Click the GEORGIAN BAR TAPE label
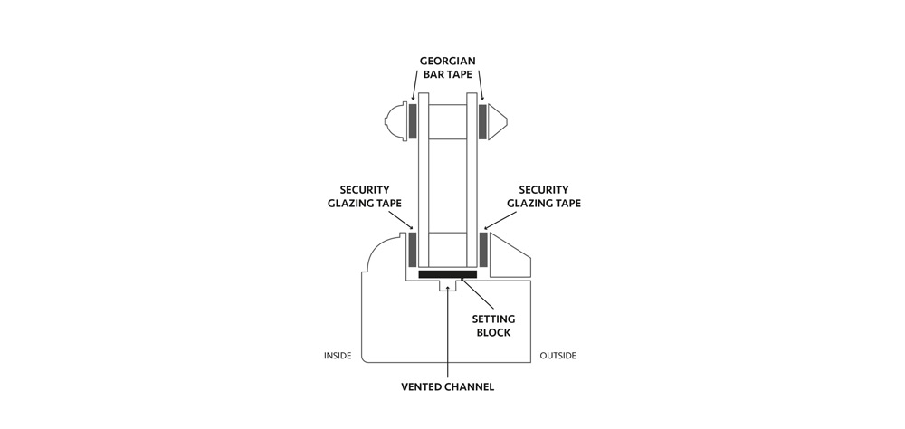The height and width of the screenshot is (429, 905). coord(448,67)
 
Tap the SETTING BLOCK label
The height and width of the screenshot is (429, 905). coord(493,326)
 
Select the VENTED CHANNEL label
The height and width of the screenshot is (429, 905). coord(447,386)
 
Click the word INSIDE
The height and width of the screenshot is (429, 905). coord(338,356)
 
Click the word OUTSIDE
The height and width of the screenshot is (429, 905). coord(557,356)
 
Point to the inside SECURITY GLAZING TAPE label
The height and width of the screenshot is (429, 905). coord(364,196)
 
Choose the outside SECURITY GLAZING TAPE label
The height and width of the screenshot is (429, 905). coord(544,196)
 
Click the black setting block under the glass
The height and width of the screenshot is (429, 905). coord(447,273)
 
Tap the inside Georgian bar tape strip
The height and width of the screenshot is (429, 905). coord(413,121)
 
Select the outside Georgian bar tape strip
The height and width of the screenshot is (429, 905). coord(482,121)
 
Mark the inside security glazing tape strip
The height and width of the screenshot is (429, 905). coord(413,250)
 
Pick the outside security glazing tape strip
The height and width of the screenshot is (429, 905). coord(483,250)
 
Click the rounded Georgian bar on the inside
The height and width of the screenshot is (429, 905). coord(396,121)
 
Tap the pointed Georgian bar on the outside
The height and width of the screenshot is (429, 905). coord(497,121)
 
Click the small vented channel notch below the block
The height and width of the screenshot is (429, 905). coord(448,286)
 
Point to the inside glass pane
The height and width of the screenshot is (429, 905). coord(423,181)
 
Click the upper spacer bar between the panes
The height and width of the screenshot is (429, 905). coord(447,121)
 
